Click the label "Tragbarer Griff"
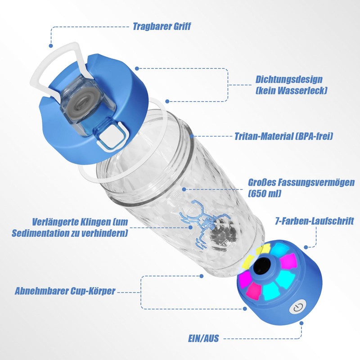(162, 27)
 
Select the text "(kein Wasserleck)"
(291, 90)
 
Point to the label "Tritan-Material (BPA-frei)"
(283, 136)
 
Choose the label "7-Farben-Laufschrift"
(315, 221)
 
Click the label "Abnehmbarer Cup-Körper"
(65, 291)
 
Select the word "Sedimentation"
(54, 234)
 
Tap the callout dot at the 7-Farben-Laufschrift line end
(306, 246)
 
